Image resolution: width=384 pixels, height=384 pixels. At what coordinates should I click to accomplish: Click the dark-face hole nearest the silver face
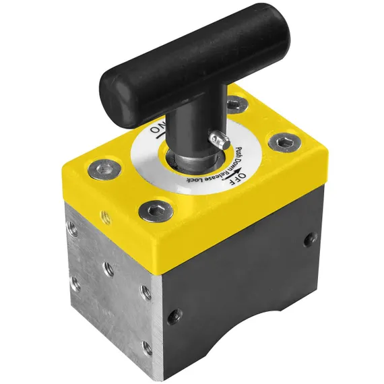pyautogui.click(x=174, y=312)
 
